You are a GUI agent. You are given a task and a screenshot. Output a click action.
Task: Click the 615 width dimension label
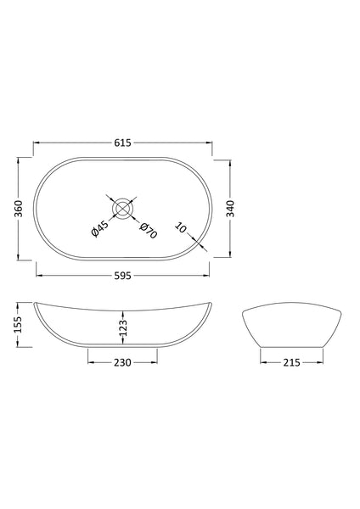pos(124,143)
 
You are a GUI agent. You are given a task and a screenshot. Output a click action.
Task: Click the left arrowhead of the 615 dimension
pos(36,143)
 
